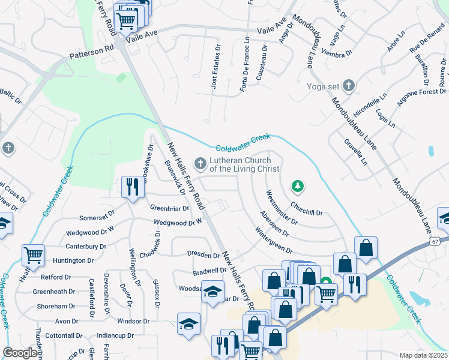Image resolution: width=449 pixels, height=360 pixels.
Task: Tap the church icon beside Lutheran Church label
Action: coord(200,163)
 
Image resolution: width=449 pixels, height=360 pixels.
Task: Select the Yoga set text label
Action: coord(323,86)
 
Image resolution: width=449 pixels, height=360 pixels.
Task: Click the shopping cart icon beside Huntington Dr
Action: coord(34,255)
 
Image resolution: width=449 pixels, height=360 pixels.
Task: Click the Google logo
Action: coord(20,353)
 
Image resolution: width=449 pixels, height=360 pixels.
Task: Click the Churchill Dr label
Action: coord(307,208)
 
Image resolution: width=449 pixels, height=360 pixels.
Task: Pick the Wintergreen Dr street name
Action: coord(273,241)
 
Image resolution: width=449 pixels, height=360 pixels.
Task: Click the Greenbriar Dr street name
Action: coord(169,209)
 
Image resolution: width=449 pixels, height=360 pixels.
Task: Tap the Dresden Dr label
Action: coord(203,255)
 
